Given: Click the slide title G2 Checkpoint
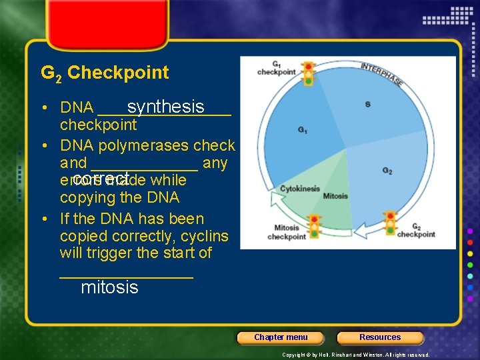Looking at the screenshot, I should click(105, 73).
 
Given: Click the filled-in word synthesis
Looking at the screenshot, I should click(165, 107).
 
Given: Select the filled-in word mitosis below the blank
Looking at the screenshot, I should click(109, 287).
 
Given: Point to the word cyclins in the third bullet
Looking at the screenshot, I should click(204, 236).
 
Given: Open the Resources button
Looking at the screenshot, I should click(380, 337).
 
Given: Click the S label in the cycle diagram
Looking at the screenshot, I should click(367, 105).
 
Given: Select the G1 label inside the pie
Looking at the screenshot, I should click(303, 129).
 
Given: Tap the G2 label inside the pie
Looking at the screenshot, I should click(387, 171).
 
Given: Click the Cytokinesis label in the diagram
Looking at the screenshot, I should click(299, 189).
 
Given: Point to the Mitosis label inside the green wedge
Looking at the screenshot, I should click(335, 196).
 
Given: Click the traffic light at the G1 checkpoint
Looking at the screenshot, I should click(308, 73).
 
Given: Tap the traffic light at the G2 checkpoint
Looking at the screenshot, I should click(391, 223).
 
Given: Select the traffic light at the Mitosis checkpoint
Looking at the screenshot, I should click(315, 226).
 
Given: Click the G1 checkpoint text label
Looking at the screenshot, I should click(276, 68).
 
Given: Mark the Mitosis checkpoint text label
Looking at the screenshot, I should click(287, 232).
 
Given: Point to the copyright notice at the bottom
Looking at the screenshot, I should click(355, 355).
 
